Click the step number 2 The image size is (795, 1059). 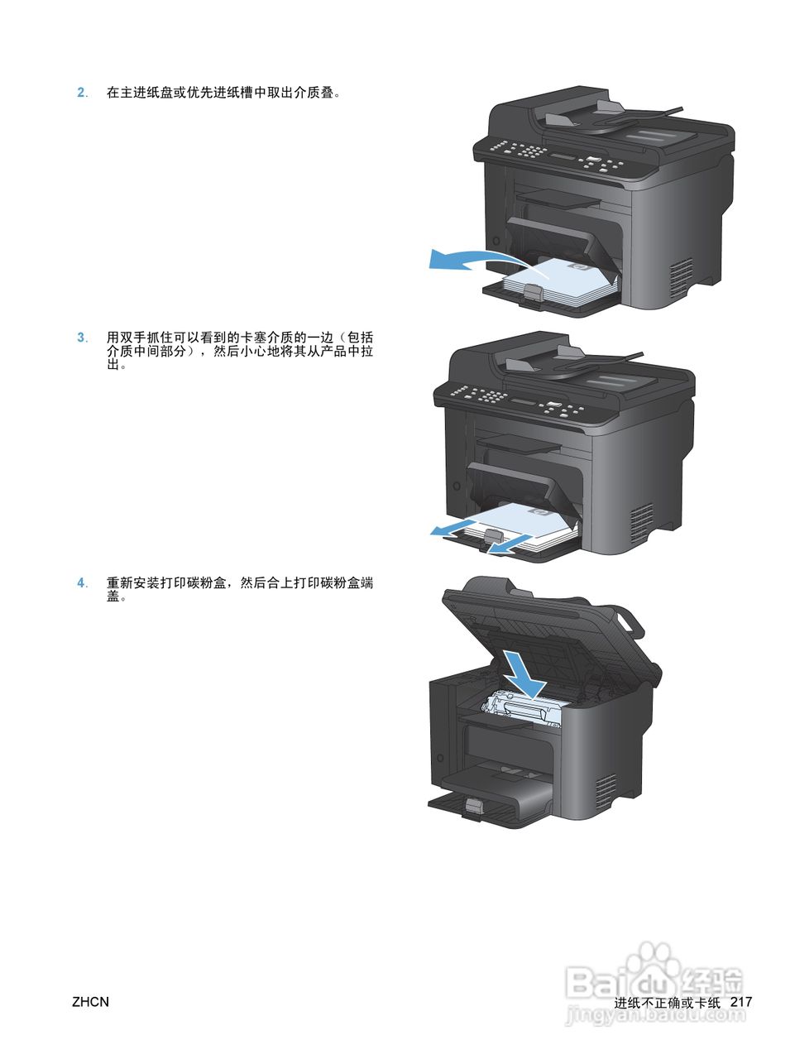[x=81, y=93]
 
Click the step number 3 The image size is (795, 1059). [x=81, y=338]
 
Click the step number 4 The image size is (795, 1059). [x=81, y=583]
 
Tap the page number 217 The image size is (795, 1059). [x=741, y=1002]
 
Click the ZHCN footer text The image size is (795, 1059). [x=90, y=1002]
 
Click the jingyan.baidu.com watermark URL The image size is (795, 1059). [x=654, y=1017]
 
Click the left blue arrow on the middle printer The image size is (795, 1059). [x=453, y=527]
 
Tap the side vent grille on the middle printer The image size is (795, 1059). [x=641, y=519]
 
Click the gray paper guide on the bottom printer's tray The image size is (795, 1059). [x=473, y=807]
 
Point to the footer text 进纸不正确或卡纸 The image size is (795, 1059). [x=668, y=1003]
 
